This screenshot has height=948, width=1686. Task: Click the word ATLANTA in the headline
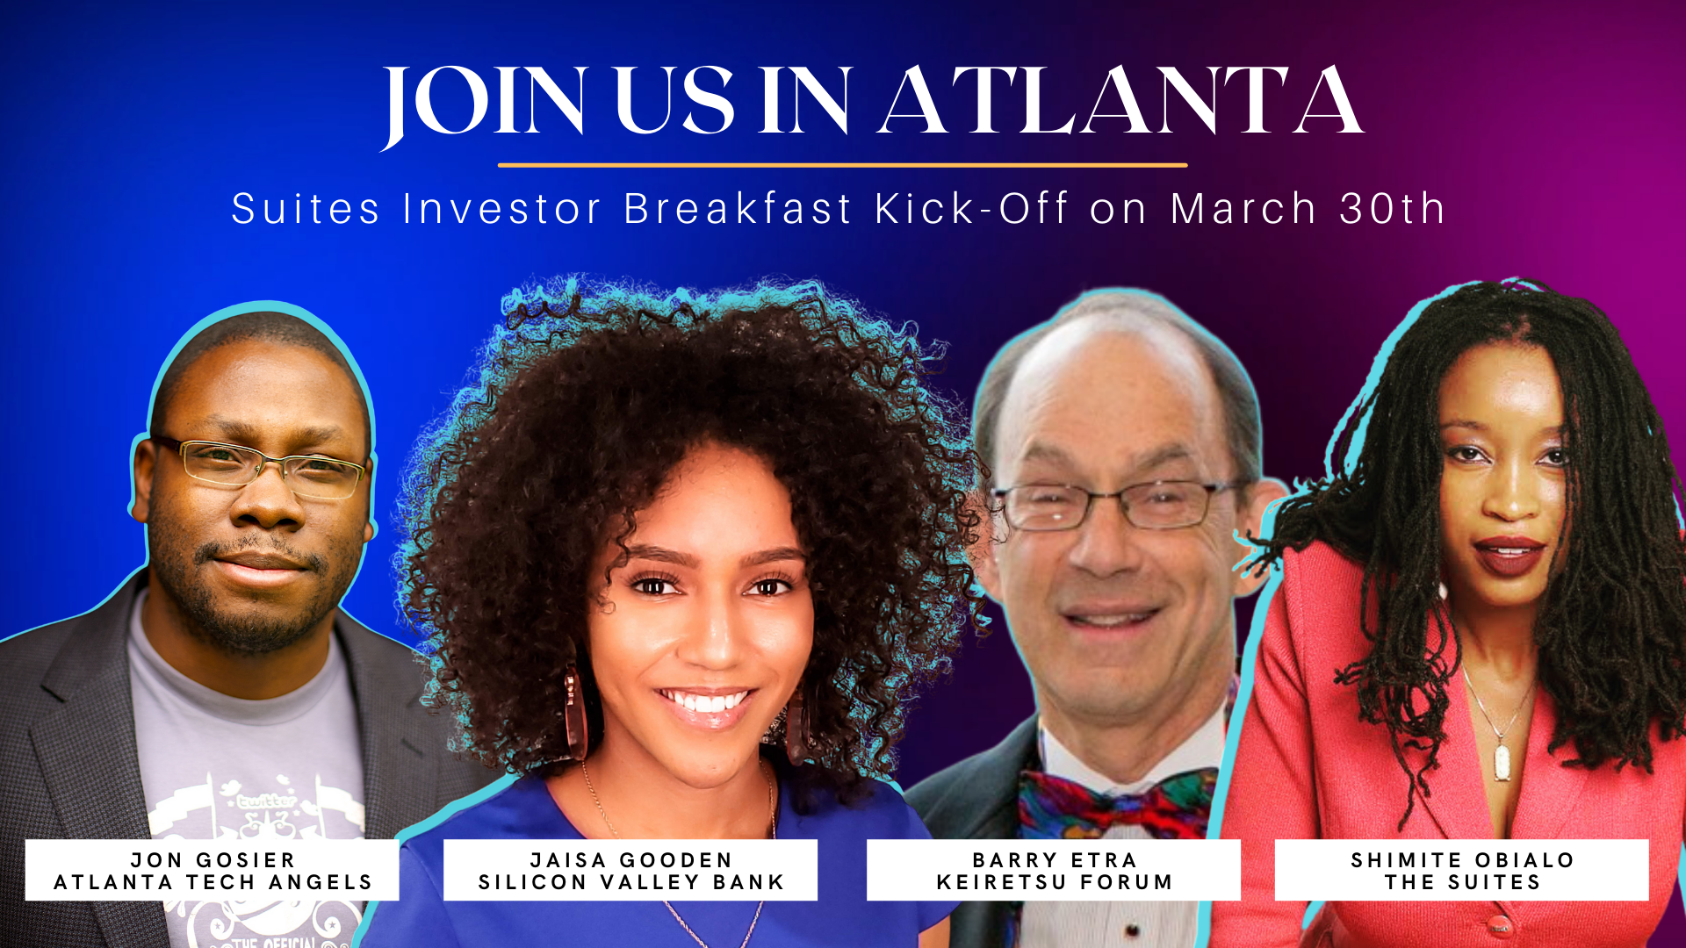[x=1121, y=102]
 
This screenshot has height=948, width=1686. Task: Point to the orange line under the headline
[x=842, y=165]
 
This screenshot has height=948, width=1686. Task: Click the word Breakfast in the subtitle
[x=738, y=209]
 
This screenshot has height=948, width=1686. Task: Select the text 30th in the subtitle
[x=1393, y=209]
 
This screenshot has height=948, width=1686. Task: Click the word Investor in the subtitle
[x=502, y=209]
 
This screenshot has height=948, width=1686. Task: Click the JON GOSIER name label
[x=213, y=860]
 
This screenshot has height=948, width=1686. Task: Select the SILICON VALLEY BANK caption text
[x=630, y=882]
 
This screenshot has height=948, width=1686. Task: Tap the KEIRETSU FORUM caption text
[x=1054, y=882]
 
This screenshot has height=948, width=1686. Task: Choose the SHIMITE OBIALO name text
[x=1462, y=860]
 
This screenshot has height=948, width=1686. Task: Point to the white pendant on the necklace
[x=1502, y=762]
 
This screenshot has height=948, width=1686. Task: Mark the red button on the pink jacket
[x=1499, y=925]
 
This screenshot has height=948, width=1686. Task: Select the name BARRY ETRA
[x=1054, y=860]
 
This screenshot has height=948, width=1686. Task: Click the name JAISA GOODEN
[x=630, y=860]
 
